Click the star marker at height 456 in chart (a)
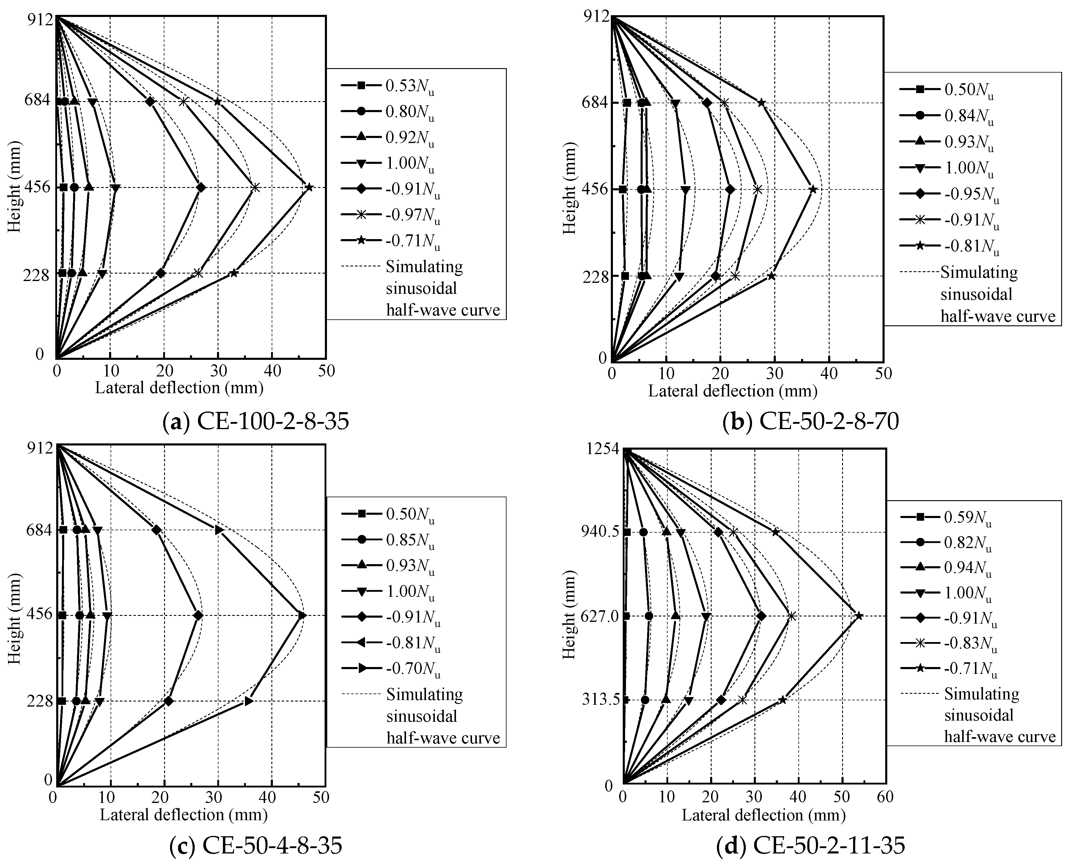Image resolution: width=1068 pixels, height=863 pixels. (309, 187)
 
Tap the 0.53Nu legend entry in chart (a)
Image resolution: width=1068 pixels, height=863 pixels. (388, 86)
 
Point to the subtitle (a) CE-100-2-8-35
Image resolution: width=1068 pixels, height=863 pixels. (256, 422)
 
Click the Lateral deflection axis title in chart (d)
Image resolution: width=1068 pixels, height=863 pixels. (763, 815)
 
